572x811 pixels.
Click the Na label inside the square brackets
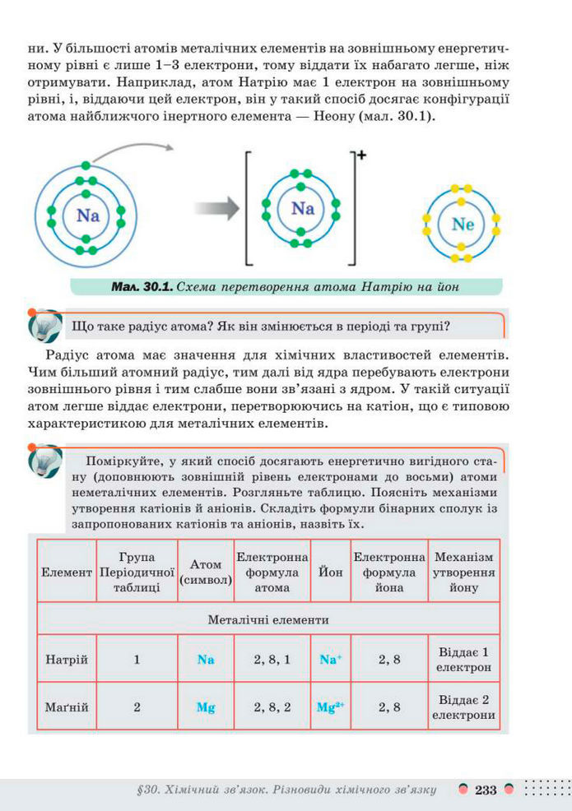pyautogui.click(x=303, y=208)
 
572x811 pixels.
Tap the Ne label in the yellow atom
pyautogui.click(x=463, y=224)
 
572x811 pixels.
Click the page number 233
pyautogui.click(x=486, y=790)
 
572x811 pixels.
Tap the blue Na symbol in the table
pyautogui.click(x=206, y=660)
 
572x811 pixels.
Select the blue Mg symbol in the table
pyautogui.click(x=206, y=707)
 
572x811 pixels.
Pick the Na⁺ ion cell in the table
pyautogui.click(x=330, y=660)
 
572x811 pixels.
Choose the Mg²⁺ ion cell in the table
pyautogui.click(x=330, y=707)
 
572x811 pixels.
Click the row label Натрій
pyautogui.click(x=67, y=660)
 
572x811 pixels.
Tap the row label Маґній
pyautogui.click(x=67, y=707)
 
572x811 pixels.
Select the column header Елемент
pyautogui.click(x=67, y=571)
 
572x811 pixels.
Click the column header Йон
pyautogui.click(x=330, y=571)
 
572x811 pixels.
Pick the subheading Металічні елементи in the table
pyautogui.click(x=268, y=619)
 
